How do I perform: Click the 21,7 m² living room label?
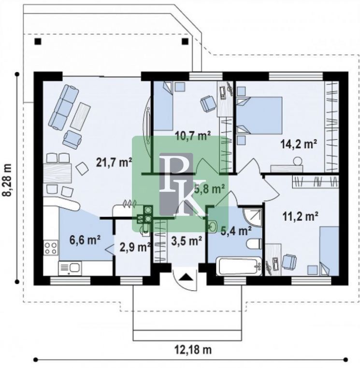tap(114, 162)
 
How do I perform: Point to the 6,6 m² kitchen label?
tap(85, 240)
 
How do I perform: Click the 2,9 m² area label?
tap(135, 247)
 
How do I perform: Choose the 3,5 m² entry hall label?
tap(187, 241)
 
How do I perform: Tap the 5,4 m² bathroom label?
tap(236, 231)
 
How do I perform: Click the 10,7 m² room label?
tap(193, 136)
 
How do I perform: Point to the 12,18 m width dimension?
tap(193, 350)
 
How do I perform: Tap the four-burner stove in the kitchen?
tap(51, 248)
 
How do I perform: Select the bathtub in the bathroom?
tap(239, 266)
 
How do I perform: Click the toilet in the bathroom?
tap(254, 244)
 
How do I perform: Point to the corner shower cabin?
tap(252, 217)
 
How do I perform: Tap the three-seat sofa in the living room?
tap(63, 107)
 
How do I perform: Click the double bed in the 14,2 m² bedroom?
tap(259, 115)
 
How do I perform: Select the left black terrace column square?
tap(38, 42)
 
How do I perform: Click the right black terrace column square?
tap(185, 42)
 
